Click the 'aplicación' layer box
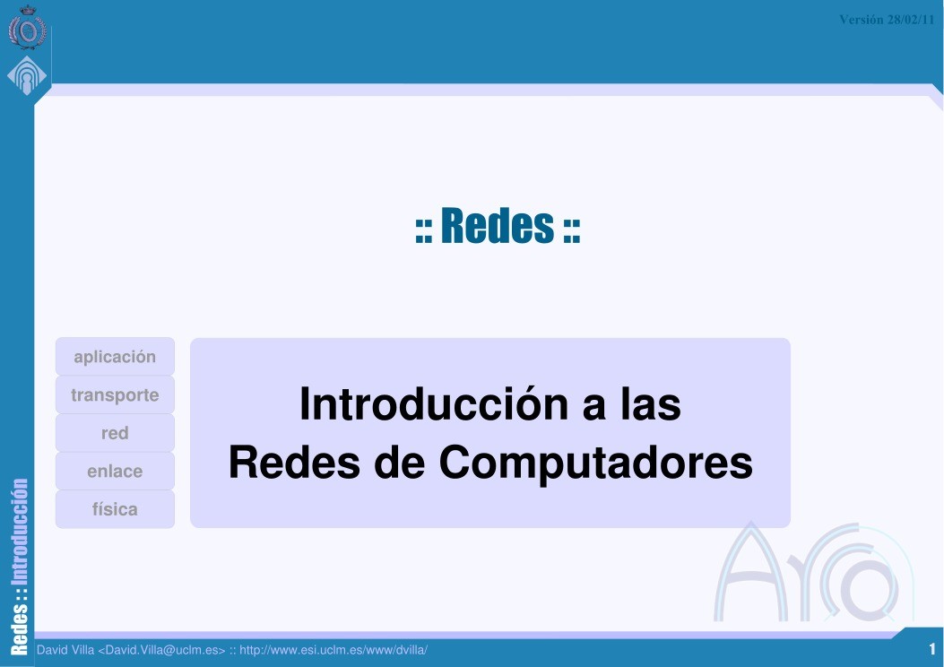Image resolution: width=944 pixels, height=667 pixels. pyautogui.click(x=115, y=357)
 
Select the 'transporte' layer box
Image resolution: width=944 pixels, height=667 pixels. pyautogui.click(x=115, y=395)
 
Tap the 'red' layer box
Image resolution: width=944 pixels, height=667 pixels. pyautogui.click(x=115, y=433)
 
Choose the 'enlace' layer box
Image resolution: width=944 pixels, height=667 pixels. pyautogui.click(x=115, y=472)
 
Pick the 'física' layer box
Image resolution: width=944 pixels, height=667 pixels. pyautogui.click(x=115, y=509)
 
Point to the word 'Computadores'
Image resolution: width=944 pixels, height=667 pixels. pyautogui.click(x=595, y=463)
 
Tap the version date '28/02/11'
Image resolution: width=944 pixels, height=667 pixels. pyautogui.click(x=911, y=20)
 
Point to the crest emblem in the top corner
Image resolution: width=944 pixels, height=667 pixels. pyautogui.click(x=26, y=30)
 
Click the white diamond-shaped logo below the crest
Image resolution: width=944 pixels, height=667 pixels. pyautogui.click(x=26, y=77)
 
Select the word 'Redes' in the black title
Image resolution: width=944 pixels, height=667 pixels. pyautogui.click(x=281, y=463)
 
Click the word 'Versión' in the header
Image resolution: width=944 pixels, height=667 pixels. pyautogui.click(x=862, y=20)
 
